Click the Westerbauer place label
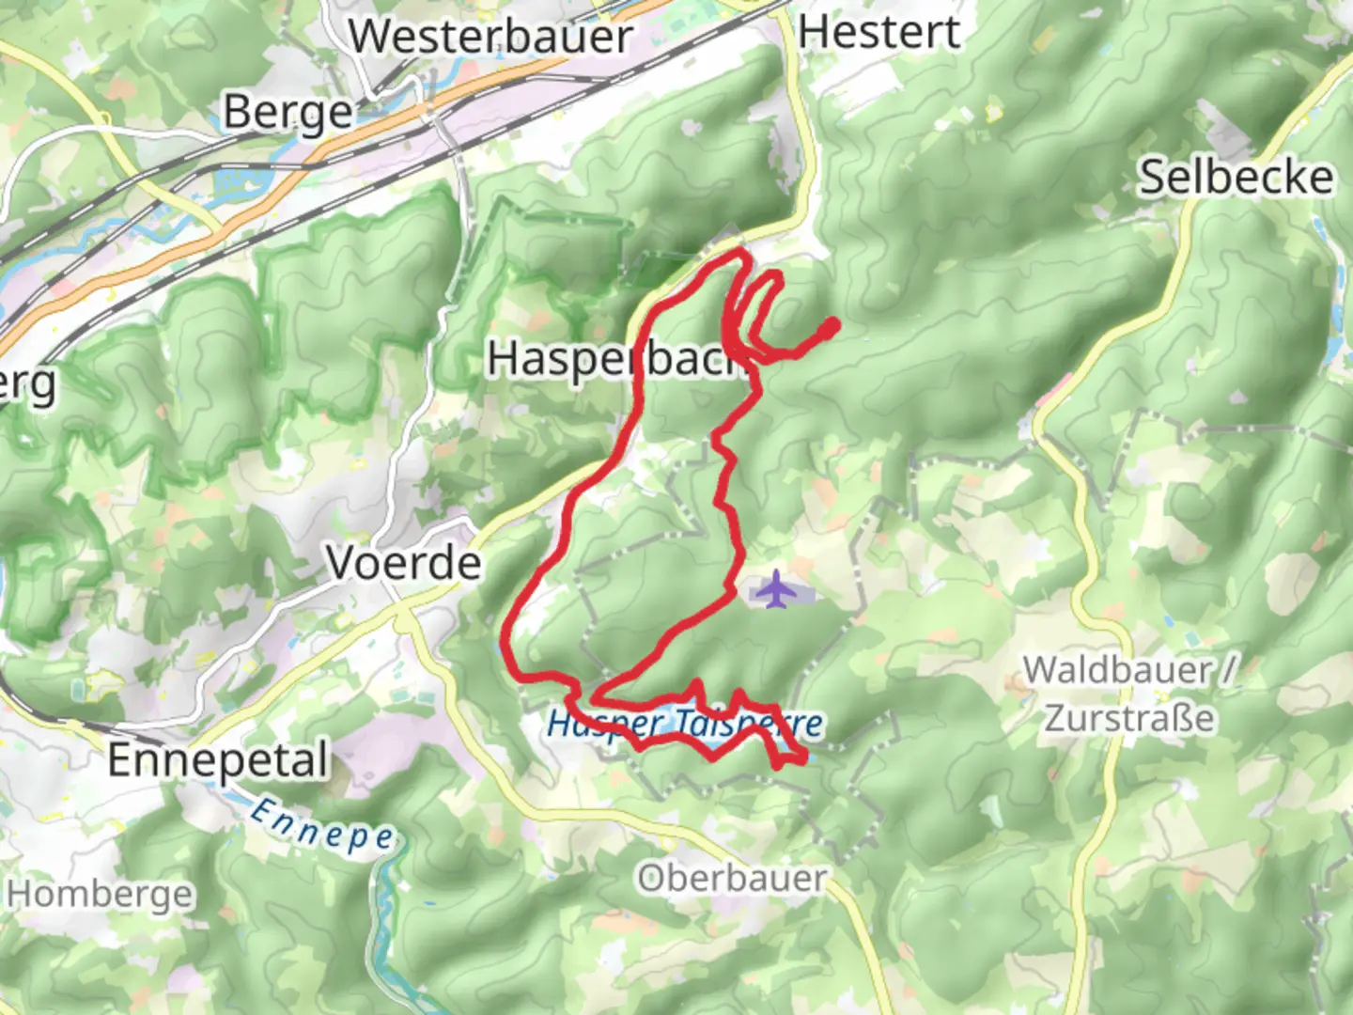[x=490, y=38]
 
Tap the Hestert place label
[x=879, y=32]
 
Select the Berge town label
[x=288, y=114]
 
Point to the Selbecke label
[x=1236, y=177]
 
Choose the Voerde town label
[x=404, y=563]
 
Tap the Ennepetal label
[x=218, y=760]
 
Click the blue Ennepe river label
[x=322, y=824]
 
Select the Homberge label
[x=99, y=894]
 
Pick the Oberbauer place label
[x=732, y=879]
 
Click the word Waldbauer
[x=1118, y=670]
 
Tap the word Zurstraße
[x=1129, y=719]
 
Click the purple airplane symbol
[x=774, y=590]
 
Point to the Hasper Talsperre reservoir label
[x=685, y=724]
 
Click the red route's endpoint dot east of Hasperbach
[x=831, y=325]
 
